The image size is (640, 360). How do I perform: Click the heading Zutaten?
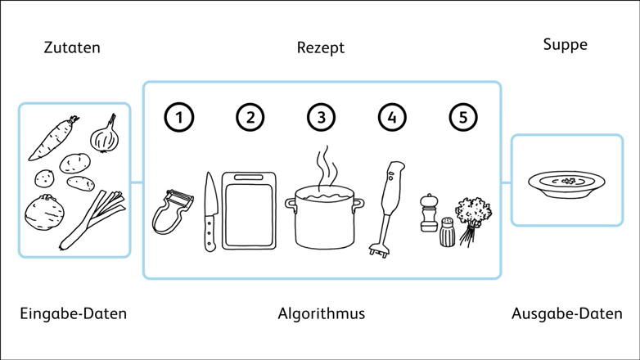coord(72,47)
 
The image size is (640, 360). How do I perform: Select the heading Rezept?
coord(320,47)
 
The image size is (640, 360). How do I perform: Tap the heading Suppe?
coord(565,45)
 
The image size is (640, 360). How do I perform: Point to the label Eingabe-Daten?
coord(74,313)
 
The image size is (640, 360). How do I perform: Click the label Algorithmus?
coord(321,313)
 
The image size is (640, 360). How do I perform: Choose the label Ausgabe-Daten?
coord(566,313)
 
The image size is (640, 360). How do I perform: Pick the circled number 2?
coord(250,117)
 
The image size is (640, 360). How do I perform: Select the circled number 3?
coord(322,117)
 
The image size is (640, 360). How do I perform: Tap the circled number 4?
coord(392,117)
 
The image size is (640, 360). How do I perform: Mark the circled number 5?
coord(463,117)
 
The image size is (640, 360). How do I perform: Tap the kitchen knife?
coord(210,213)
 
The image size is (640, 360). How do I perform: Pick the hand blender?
coord(388,205)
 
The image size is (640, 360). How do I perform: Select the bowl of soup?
coord(566,182)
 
